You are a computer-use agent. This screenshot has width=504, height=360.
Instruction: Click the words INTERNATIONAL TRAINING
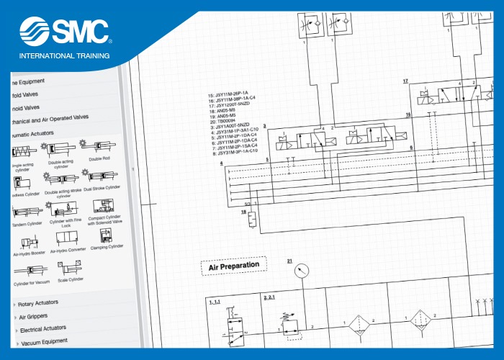[x=64, y=55]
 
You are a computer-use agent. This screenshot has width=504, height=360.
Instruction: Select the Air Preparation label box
[x=233, y=267]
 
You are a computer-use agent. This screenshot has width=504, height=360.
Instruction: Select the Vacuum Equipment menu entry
[x=44, y=341]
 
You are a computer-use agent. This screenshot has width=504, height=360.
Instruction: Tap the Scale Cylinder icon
[x=71, y=268]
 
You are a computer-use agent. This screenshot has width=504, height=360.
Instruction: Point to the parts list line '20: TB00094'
[x=228, y=121]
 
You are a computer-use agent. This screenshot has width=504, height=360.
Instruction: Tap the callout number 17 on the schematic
[x=405, y=81]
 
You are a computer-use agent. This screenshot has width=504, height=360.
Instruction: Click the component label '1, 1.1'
[x=215, y=302]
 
